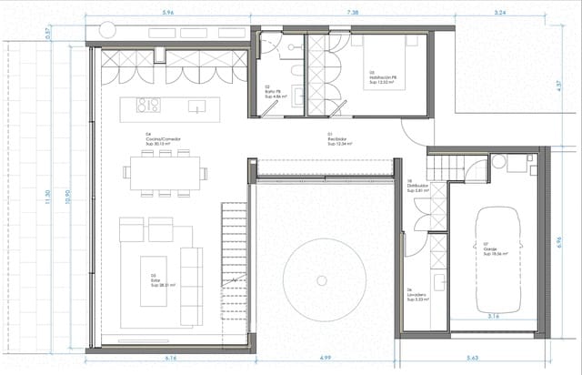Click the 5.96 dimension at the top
[167, 14]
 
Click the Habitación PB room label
[383, 79]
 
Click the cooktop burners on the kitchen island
[148, 105]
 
